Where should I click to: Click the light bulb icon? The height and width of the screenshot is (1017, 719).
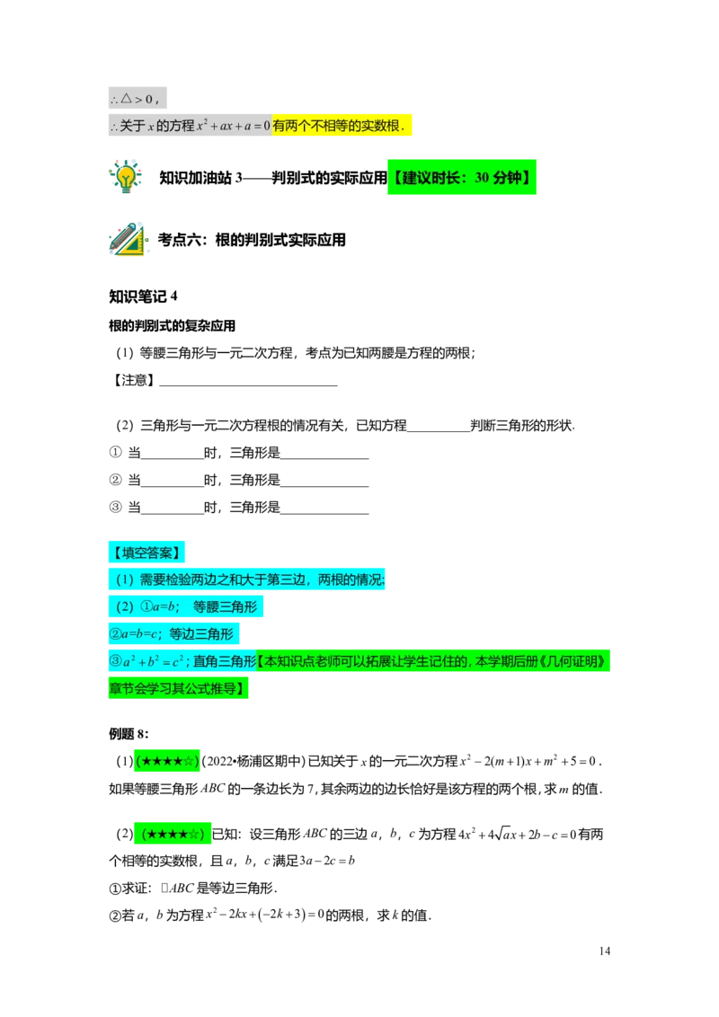(126, 175)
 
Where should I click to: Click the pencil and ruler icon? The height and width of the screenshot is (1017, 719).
(129, 238)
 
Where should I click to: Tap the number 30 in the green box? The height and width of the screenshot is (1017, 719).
(482, 178)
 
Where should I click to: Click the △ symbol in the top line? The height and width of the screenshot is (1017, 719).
(126, 98)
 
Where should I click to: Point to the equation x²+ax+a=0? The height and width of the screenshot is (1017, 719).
(234, 127)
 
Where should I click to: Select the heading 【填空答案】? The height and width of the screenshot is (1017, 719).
(146, 552)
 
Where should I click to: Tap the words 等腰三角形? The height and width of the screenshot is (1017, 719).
(225, 607)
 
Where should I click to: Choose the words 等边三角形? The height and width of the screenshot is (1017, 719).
(201, 634)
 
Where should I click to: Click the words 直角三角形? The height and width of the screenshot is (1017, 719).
(225, 662)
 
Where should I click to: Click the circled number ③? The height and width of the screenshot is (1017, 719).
(114, 662)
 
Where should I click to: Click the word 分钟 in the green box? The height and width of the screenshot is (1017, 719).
(509, 178)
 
